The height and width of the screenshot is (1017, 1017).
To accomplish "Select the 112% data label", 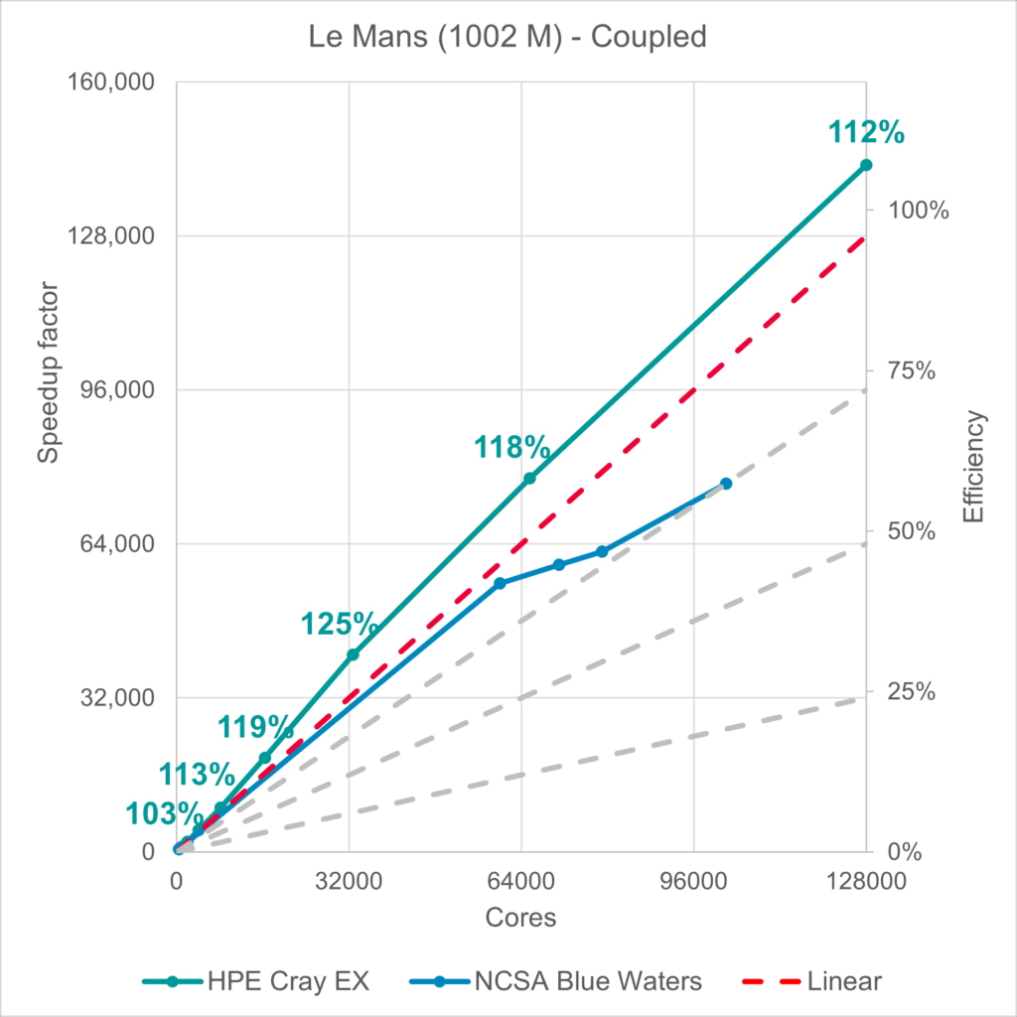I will [865, 132].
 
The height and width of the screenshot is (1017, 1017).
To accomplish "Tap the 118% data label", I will [512, 448].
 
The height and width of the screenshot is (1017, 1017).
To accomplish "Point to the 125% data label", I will [339, 624].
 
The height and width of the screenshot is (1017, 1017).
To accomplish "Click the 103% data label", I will [165, 813].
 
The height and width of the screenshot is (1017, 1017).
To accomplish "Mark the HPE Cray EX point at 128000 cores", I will [866, 165].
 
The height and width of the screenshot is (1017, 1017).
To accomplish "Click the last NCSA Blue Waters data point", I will [726, 484].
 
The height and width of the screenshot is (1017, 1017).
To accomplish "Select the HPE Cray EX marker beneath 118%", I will [530, 478].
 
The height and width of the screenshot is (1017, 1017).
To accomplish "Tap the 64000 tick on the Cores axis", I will [521, 881].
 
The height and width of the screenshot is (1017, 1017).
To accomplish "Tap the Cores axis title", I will [521, 918].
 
